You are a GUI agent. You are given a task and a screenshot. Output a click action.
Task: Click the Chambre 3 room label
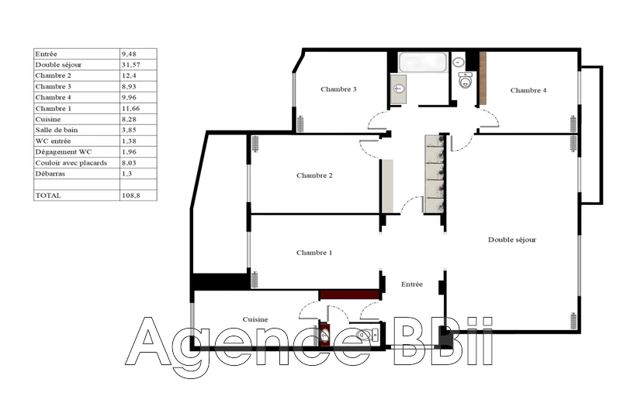(x=338, y=89)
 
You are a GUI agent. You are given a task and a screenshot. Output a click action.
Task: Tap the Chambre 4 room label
(x=528, y=91)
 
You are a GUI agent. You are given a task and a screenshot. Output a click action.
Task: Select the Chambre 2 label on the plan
(x=314, y=176)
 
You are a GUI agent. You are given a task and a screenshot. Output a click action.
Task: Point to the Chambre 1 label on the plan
(x=314, y=252)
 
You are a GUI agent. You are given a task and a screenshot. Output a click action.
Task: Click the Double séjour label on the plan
(x=512, y=240)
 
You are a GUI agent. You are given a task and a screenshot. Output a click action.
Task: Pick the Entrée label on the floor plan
(x=412, y=284)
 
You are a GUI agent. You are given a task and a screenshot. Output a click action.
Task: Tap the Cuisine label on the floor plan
(x=255, y=319)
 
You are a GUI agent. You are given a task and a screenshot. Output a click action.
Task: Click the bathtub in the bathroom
(x=423, y=62)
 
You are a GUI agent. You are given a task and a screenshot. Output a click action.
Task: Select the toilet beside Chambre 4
(x=466, y=80)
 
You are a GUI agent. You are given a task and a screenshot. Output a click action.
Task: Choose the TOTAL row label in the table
(x=47, y=196)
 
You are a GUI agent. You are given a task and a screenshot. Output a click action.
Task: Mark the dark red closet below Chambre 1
(x=348, y=294)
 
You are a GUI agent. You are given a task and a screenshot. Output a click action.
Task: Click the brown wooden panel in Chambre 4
(x=482, y=78)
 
